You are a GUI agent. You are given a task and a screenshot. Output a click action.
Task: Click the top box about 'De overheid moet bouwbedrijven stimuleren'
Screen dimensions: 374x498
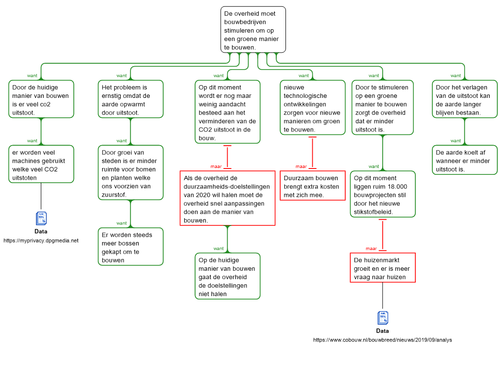pyautogui.click(x=253, y=29)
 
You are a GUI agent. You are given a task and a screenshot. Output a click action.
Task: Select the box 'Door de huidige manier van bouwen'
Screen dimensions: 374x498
pyautogui.click(x=41, y=100)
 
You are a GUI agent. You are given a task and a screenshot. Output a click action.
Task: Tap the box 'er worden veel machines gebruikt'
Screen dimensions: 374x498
pyautogui.click(x=41, y=164)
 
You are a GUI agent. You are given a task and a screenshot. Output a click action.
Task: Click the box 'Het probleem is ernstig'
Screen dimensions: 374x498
pyautogui.click(x=130, y=100)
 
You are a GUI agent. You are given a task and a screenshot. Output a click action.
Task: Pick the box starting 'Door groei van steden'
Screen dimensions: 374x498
pyautogui.click(x=130, y=173)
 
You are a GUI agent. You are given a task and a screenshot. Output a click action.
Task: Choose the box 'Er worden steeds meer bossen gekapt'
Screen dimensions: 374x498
pyautogui.click(x=130, y=247)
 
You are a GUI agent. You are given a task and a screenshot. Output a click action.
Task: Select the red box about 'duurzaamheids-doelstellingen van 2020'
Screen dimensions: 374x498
pyautogui.click(x=228, y=198)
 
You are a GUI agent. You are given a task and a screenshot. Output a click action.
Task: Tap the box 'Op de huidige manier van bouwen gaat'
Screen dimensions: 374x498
pyautogui.click(x=228, y=276)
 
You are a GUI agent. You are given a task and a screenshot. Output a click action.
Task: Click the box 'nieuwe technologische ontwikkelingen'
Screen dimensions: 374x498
pyautogui.click(x=312, y=108)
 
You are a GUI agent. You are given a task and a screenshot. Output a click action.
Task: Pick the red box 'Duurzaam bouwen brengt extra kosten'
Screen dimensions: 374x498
pyautogui.click(x=312, y=186)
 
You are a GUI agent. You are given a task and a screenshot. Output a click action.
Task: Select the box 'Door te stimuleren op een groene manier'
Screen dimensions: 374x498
pyautogui.click(x=382, y=108)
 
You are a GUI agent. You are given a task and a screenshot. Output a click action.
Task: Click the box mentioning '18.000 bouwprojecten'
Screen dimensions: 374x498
pyautogui.click(x=382, y=194)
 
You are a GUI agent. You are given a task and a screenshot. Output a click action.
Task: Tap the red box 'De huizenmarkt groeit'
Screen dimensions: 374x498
pyautogui.click(x=382, y=268)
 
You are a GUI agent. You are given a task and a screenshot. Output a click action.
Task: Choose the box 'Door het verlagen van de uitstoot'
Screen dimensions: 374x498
pyautogui.click(x=464, y=100)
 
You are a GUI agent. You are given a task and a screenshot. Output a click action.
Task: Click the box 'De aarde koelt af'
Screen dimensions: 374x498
pyautogui.click(x=464, y=161)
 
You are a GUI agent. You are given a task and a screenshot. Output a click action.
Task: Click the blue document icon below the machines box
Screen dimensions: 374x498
pyautogui.click(x=41, y=219)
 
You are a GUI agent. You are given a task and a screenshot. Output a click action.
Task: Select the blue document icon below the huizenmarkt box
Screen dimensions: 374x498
pyautogui.click(x=383, y=318)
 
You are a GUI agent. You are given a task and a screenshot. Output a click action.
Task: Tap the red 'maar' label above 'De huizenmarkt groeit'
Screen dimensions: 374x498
pyautogui.click(x=371, y=248)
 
